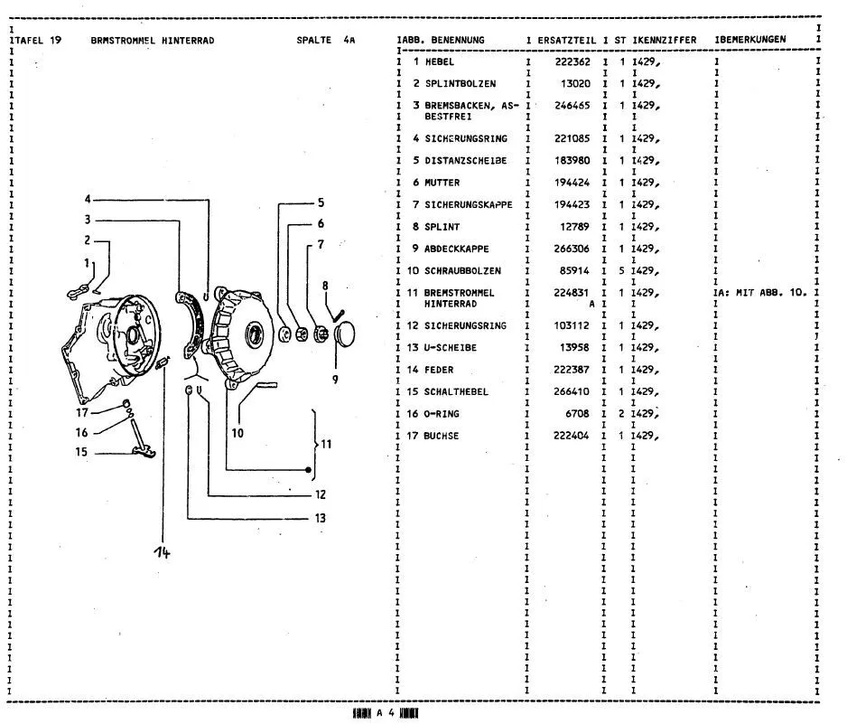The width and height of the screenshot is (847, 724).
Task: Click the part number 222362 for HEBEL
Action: click(572, 61)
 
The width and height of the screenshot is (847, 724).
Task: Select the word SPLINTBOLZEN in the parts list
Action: click(461, 84)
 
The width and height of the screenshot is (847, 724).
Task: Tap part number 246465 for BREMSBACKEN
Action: click(572, 106)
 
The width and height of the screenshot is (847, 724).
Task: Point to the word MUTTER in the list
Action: click(442, 183)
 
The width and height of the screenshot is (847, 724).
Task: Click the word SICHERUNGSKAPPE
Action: click(469, 205)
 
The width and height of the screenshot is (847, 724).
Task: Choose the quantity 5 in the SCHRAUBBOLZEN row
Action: click(622, 271)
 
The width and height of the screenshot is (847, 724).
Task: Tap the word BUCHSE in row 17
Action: click(442, 436)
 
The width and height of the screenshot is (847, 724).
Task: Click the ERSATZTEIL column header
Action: click(567, 40)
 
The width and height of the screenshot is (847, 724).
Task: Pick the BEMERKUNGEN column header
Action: click(752, 40)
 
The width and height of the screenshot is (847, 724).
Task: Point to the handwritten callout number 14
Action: click(162, 552)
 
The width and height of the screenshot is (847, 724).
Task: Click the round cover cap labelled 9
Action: click(344, 335)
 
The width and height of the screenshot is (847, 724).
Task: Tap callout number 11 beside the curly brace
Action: click(326, 445)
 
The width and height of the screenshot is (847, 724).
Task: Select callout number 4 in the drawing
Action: click(88, 200)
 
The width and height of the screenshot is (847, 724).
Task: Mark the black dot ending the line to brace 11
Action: click(309, 470)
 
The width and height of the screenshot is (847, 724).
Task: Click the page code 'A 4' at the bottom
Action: click(386, 713)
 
